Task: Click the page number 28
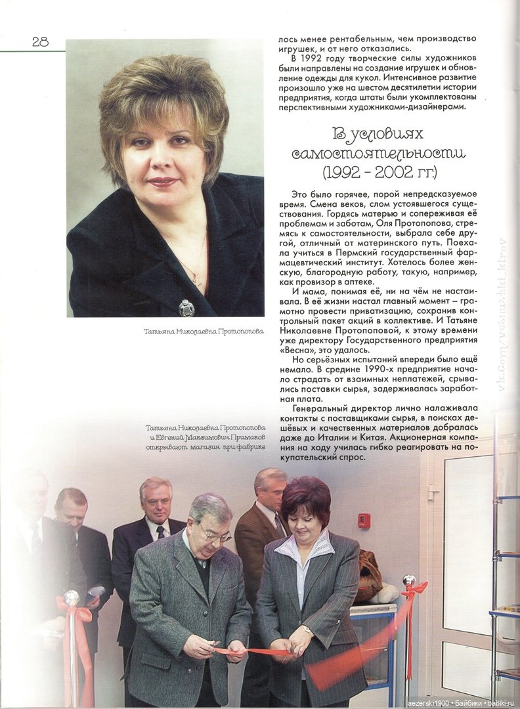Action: click(x=40, y=41)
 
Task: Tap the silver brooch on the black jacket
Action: click(x=186, y=307)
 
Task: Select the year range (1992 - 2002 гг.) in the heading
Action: click(x=379, y=173)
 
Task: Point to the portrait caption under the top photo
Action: click(x=204, y=332)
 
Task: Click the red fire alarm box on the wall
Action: click(x=364, y=521)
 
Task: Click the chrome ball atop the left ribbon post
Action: click(x=71, y=597)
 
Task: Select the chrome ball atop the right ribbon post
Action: click(x=409, y=580)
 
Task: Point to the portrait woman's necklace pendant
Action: click(x=195, y=281)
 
